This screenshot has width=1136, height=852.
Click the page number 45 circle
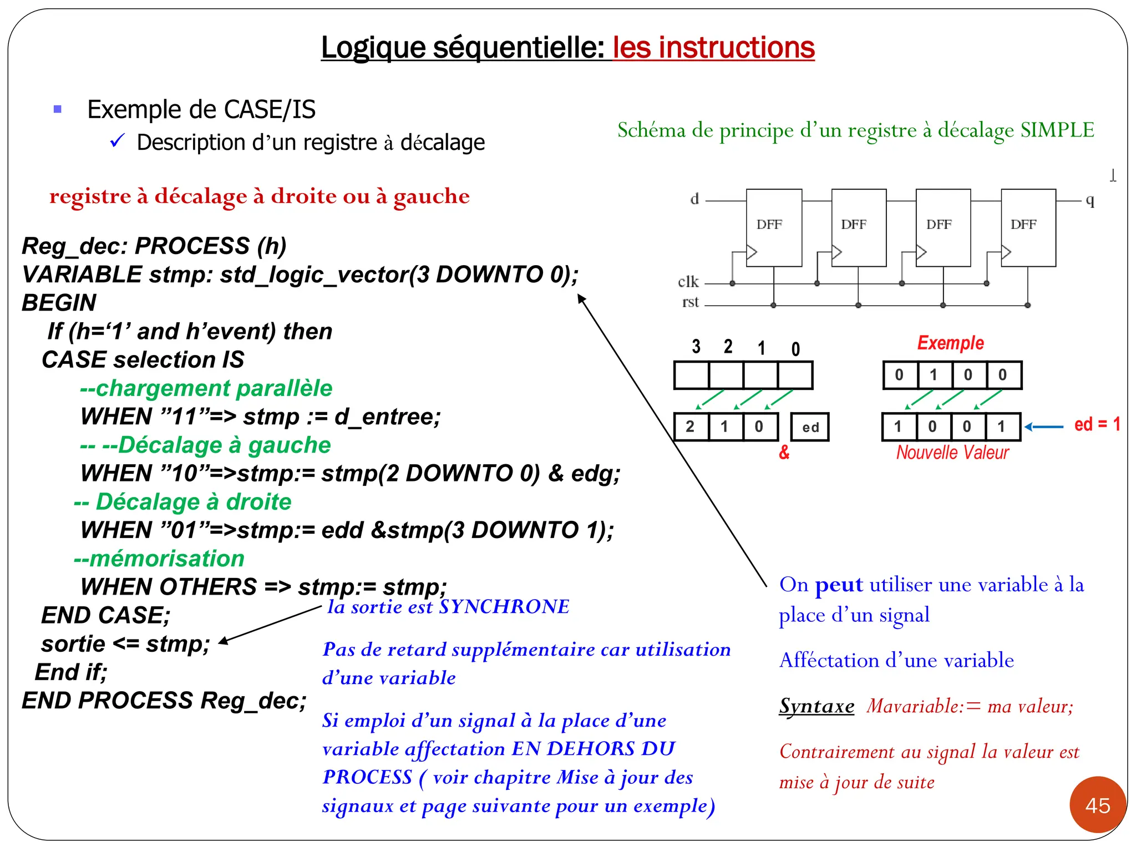coord(1097,805)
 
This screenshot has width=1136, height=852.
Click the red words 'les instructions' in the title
coord(713,48)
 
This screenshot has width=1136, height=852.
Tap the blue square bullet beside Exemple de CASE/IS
coord(57,109)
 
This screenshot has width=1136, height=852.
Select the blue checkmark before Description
coord(117,141)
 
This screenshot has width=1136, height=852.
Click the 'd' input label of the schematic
coord(694,199)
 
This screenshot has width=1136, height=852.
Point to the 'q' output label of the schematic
coord(1090,200)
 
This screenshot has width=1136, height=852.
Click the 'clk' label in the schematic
coord(688,282)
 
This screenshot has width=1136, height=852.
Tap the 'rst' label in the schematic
coord(690,302)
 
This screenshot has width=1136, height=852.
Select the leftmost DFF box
coord(773,227)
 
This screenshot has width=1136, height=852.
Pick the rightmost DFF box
coord(1028,227)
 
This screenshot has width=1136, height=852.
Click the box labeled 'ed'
coord(810,427)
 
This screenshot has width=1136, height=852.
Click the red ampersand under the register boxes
coord(784,453)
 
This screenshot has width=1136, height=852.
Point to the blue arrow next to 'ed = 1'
coord(1043,427)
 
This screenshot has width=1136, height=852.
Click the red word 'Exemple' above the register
coord(950,343)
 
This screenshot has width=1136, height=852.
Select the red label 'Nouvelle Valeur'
coord(952,453)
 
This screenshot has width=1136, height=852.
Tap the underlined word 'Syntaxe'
coord(816,706)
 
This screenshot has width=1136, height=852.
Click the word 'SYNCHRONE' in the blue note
coord(504,607)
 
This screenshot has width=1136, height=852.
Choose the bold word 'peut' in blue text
coord(839,585)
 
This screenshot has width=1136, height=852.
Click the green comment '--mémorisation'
coord(159,559)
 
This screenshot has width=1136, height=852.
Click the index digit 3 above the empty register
coord(696,347)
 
